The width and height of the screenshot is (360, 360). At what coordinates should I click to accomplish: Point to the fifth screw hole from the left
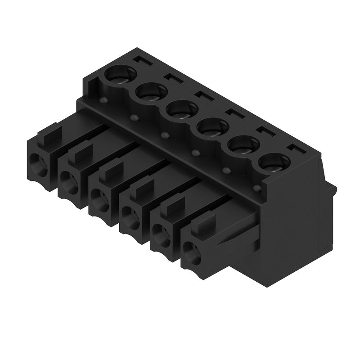(242, 144)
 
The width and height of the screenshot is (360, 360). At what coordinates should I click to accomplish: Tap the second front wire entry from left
(69, 180)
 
